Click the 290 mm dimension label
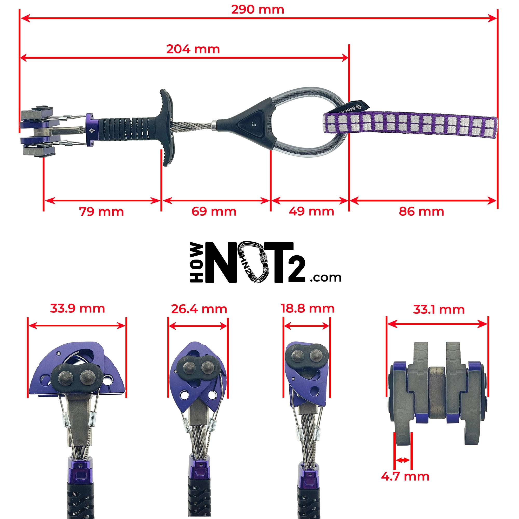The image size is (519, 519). (258, 10)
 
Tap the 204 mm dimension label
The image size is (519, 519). (193, 49)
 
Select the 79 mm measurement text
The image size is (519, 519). (101, 212)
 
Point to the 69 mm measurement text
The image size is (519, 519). (214, 212)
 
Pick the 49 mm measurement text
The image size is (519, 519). (311, 212)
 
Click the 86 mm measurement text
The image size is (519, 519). (421, 212)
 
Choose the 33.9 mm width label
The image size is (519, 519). (77, 309)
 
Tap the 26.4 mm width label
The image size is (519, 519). (199, 309)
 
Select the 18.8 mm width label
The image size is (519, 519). (308, 309)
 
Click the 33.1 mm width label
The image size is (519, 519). (439, 310)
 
